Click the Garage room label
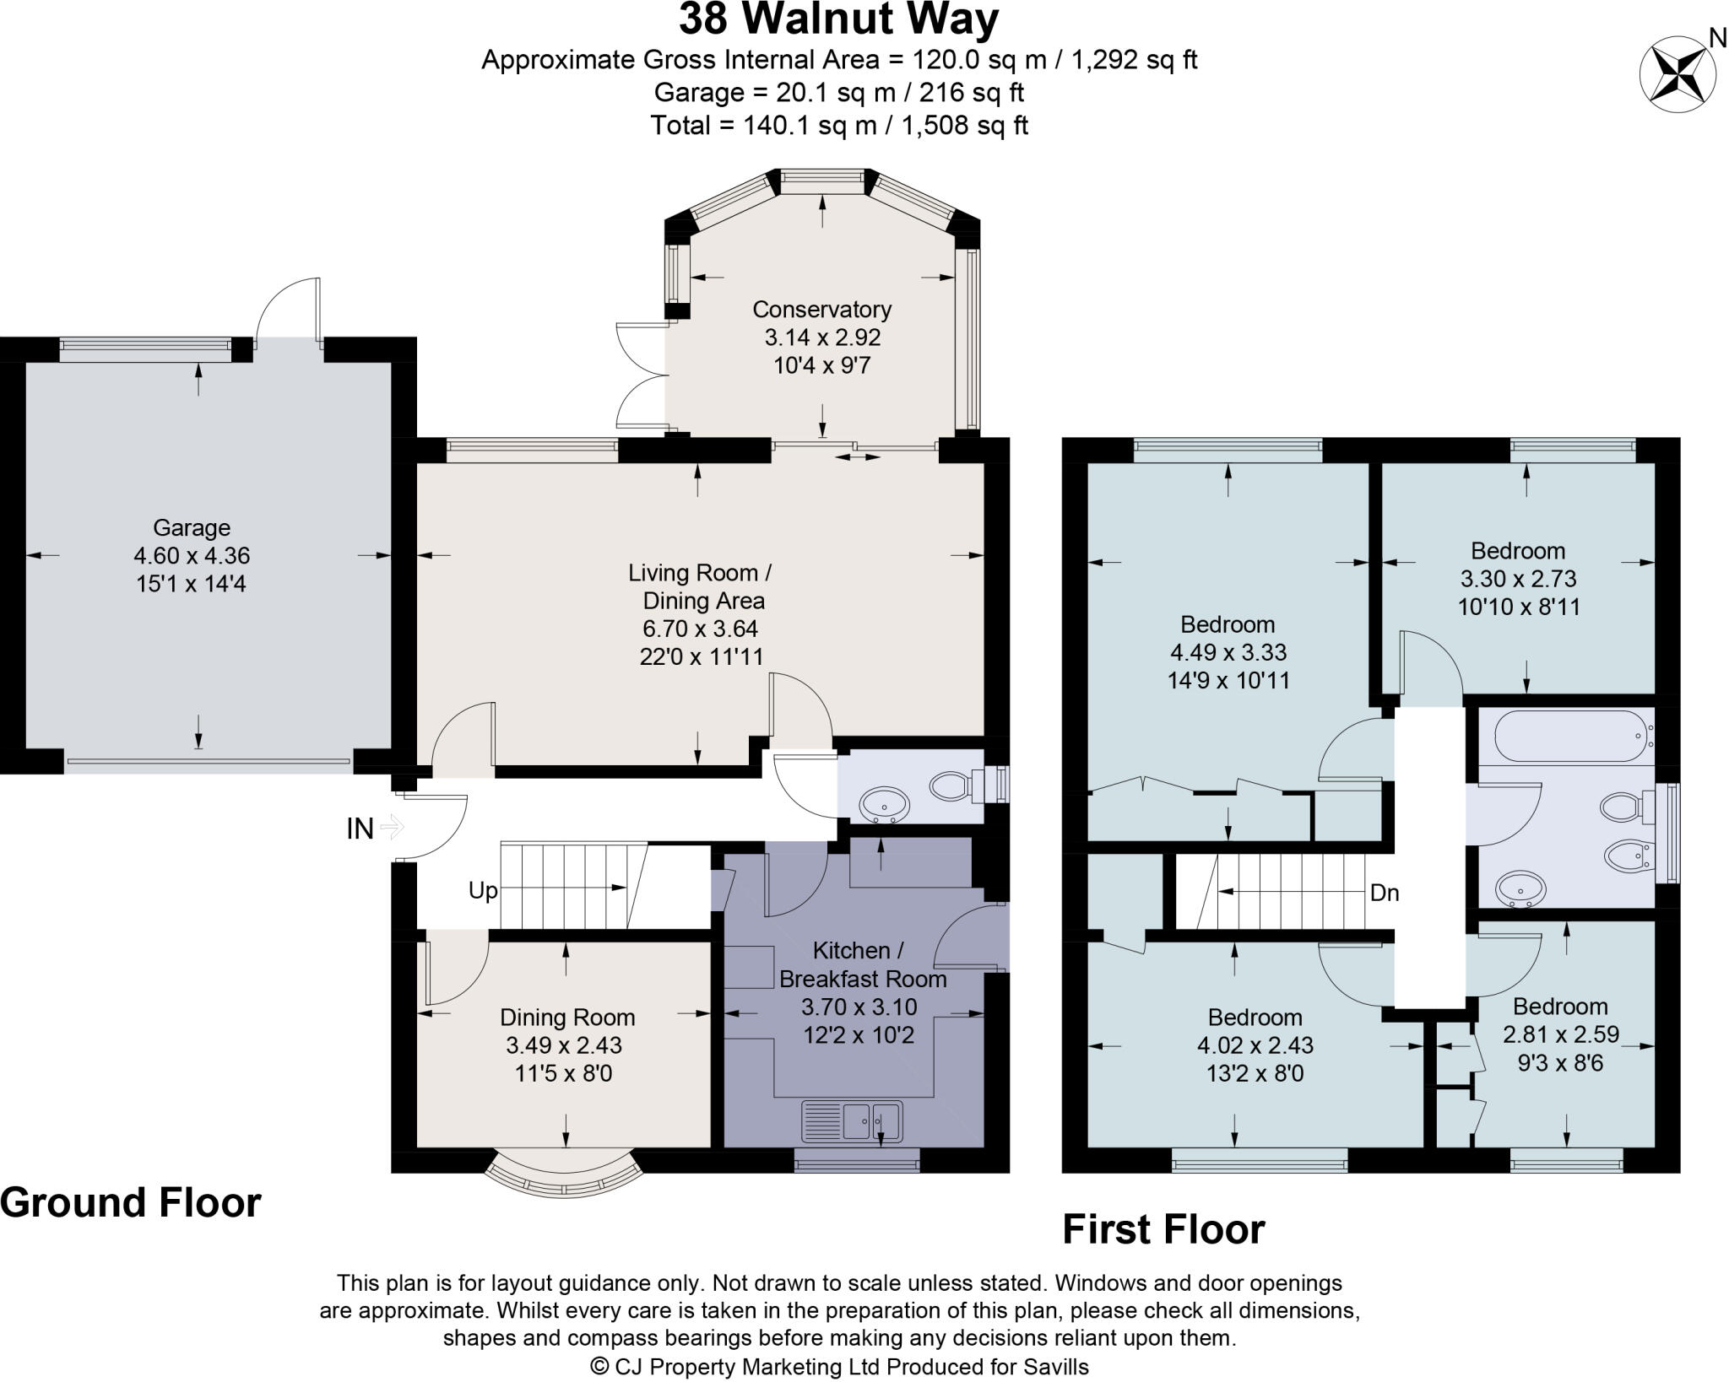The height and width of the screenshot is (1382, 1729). tap(192, 528)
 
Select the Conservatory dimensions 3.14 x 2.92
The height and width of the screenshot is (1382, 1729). tap(822, 337)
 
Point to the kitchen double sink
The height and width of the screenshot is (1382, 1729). tap(852, 1121)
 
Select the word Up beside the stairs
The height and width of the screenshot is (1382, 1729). tap(483, 891)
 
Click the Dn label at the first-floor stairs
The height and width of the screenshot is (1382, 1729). tap(1384, 893)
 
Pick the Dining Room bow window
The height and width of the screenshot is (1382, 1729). tap(565, 1175)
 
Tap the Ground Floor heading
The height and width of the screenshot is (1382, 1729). tap(131, 1202)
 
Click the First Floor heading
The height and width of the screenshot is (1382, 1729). tap(1163, 1229)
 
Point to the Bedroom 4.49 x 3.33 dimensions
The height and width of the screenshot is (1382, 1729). tap(1228, 652)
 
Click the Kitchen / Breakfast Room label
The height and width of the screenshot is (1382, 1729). tap(862, 964)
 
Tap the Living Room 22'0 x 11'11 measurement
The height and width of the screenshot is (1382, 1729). tap(701, 656)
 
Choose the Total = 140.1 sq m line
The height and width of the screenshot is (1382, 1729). tap(838, 126)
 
